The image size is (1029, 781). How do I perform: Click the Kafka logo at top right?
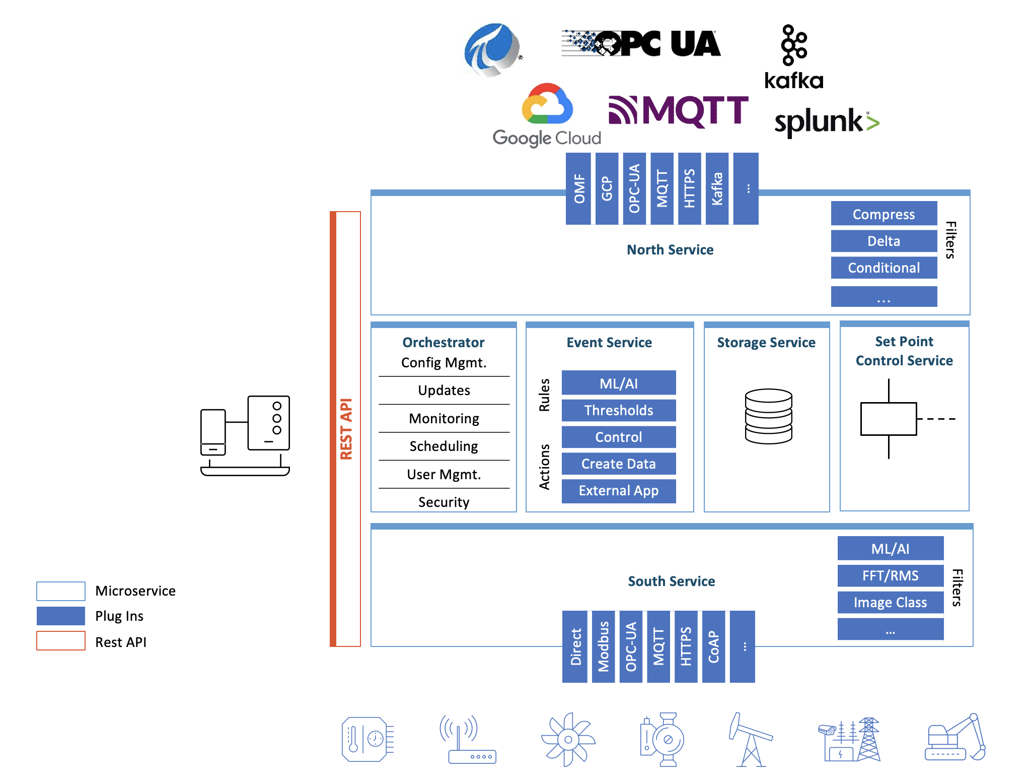[x=794, y=57]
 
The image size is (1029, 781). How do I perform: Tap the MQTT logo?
[x=678, y=111]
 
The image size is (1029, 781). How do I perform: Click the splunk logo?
[x=826, y=122]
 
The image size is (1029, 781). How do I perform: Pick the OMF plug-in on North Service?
[x=579, y=188]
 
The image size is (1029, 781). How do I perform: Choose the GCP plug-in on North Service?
[x=607, y=188]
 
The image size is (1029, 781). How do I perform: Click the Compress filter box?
[x=884, y=214]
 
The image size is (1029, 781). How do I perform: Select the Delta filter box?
[x=884, y=241]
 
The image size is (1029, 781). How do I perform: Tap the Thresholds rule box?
[x=618, y=411]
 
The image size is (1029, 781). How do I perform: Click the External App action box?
[x=618, y=491]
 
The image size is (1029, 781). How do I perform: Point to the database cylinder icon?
[x=768, y=416]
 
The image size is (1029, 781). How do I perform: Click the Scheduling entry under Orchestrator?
[x=444, y=446]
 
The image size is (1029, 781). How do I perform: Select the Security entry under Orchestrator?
[x=444, y=502]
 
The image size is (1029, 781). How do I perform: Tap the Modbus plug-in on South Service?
[x=603, y=646]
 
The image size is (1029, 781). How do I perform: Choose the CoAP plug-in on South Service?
[x=713, y=646]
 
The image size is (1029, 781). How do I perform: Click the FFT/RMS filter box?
[x=890, y=575]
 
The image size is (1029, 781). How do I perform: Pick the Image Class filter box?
[x=890, y=603]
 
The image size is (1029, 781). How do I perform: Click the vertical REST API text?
[x=346, y=429]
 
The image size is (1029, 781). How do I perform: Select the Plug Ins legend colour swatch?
[x=61, y=616]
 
